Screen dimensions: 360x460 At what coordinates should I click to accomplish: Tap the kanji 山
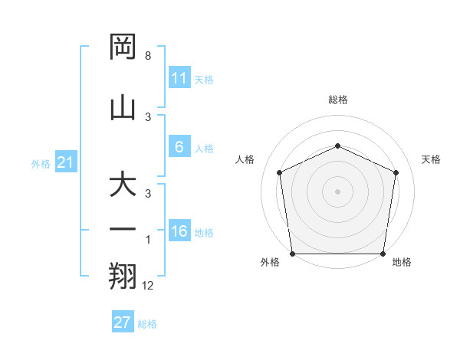[124, 107]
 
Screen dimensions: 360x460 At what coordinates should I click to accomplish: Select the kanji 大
[124, 185]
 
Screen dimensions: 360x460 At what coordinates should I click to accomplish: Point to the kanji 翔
[124, 276]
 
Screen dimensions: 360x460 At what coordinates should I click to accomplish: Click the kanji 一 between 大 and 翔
[124, 230]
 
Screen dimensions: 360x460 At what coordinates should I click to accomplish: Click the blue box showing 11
[179, 78]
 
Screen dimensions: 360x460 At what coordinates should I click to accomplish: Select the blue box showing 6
[179, 148]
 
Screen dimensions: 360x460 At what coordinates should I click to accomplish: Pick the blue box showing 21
[66, 163]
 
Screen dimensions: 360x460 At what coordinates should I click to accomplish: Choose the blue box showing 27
[123, 322]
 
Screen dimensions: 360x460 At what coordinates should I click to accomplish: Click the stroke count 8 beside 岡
[147, 57]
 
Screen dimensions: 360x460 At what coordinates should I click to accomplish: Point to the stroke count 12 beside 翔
[148, 286]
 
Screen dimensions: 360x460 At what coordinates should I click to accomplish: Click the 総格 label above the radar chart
[338, 100]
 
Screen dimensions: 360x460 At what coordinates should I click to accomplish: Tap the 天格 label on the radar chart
[432, 159]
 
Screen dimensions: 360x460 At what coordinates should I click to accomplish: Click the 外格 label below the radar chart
[270, 263]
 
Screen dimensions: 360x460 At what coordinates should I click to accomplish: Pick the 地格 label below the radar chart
[402, 263]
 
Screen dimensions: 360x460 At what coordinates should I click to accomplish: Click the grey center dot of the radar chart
[337, 191]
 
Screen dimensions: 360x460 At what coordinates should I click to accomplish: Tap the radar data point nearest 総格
[337, 146]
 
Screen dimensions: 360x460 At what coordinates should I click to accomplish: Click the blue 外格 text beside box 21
[41, 164]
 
